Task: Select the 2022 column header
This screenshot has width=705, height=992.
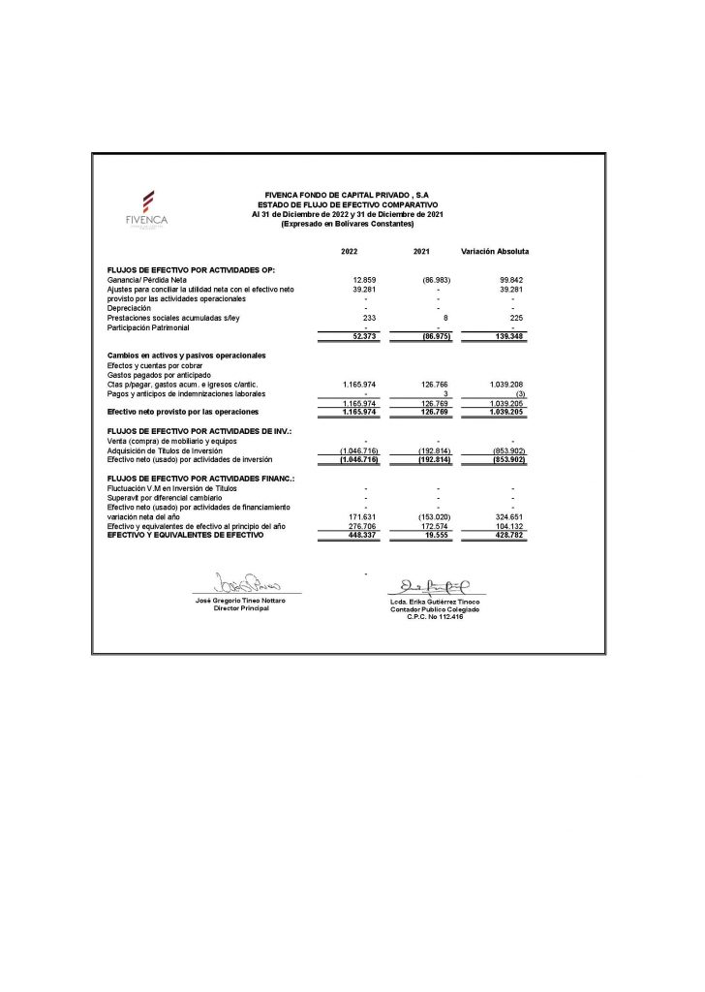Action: point(350,252)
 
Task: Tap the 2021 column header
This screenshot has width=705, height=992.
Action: point(421,252)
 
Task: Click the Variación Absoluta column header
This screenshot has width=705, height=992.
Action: point(495,252)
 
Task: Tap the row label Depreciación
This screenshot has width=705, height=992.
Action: point(129,308)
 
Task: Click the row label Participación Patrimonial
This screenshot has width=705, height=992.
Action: point(148,326)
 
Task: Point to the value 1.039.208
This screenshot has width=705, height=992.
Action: point(505,384)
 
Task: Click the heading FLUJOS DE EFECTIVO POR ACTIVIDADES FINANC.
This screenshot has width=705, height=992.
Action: point(188,480)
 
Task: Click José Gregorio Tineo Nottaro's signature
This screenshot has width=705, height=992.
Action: point(247,584)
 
